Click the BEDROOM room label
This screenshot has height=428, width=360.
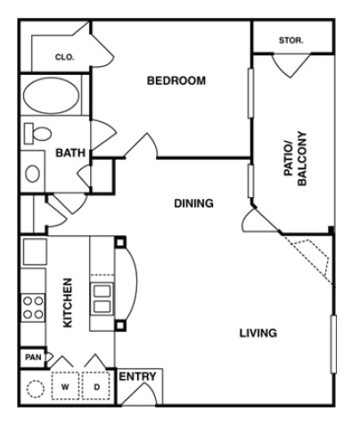(x=176, y=81)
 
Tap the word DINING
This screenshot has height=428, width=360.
(x=193, y=203)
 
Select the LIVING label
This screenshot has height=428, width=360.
(x=258, y=333)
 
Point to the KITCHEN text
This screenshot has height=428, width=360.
(x=68, y=303)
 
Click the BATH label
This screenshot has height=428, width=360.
(x=70, y=153)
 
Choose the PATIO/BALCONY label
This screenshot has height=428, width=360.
(x=295, y=159)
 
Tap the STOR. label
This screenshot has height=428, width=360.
(x=290, y=41)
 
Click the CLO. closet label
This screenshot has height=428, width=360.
(x=64, y=57)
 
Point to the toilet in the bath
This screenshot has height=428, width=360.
(x=37, y=133)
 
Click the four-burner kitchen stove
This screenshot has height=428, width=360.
(x=33, y=308)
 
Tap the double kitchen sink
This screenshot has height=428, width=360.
(x=102, y=298)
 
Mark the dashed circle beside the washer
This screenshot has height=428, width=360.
(x=37, y=390)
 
